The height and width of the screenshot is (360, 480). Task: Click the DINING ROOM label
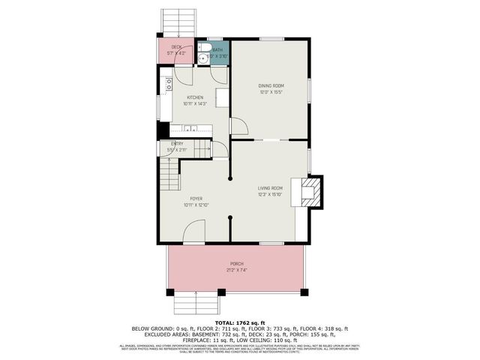point(270,85)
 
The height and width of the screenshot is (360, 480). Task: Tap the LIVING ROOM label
point(270,187)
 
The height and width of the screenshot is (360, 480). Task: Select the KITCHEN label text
point(195,97)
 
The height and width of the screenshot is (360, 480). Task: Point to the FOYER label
point(196,199)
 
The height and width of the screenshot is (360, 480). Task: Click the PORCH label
point(236,265)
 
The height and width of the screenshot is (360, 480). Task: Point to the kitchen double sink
point(190,128)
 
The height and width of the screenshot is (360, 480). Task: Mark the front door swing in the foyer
point(194,231)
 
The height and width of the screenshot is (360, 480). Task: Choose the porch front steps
point(196,304)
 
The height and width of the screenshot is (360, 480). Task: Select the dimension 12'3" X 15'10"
point(270,193)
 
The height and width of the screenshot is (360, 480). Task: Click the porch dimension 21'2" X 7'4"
point(236,271)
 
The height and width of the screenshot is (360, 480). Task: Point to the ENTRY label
point(177,143)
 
